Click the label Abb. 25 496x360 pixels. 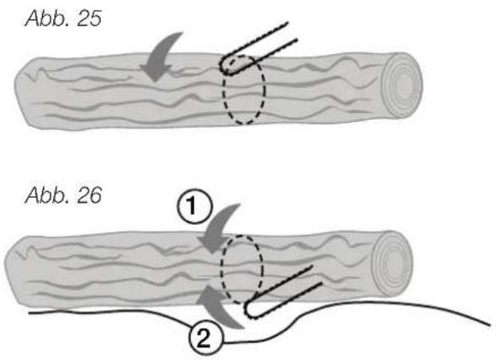point(63,18)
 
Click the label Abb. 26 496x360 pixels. point(63,195)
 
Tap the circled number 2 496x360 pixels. point(204,340)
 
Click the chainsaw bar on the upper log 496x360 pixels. point(257,49)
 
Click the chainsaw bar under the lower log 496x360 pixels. point(281,292)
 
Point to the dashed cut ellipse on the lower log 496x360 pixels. point(221,269)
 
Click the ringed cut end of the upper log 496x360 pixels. point(402,85)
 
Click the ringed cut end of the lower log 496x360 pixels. point(392,263)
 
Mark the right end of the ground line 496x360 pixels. point(490,325)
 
